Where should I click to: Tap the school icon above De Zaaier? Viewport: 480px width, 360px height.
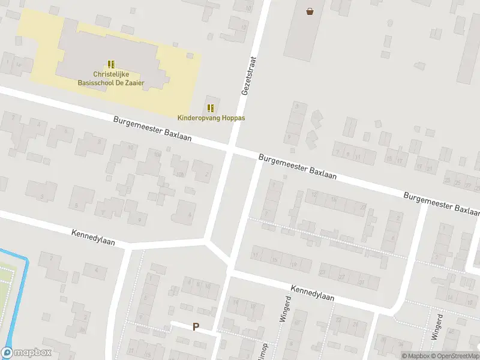coord(110,64)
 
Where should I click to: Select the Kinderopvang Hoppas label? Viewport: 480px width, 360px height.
coord(211,118)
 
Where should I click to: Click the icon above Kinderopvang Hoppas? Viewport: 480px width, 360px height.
coord(211,108)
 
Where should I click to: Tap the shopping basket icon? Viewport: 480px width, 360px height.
coord(310,11)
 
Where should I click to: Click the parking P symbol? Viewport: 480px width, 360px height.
coord(196,327)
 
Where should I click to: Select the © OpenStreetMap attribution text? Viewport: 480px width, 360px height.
coord(454,356)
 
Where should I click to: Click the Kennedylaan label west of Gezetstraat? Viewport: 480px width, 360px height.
coord(93,236)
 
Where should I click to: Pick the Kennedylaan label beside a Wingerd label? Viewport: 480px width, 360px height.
coord(312,293)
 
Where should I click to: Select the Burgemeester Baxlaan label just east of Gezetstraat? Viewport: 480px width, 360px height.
coord(298,166)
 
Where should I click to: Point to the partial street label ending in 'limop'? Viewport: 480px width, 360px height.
coord(262,350)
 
